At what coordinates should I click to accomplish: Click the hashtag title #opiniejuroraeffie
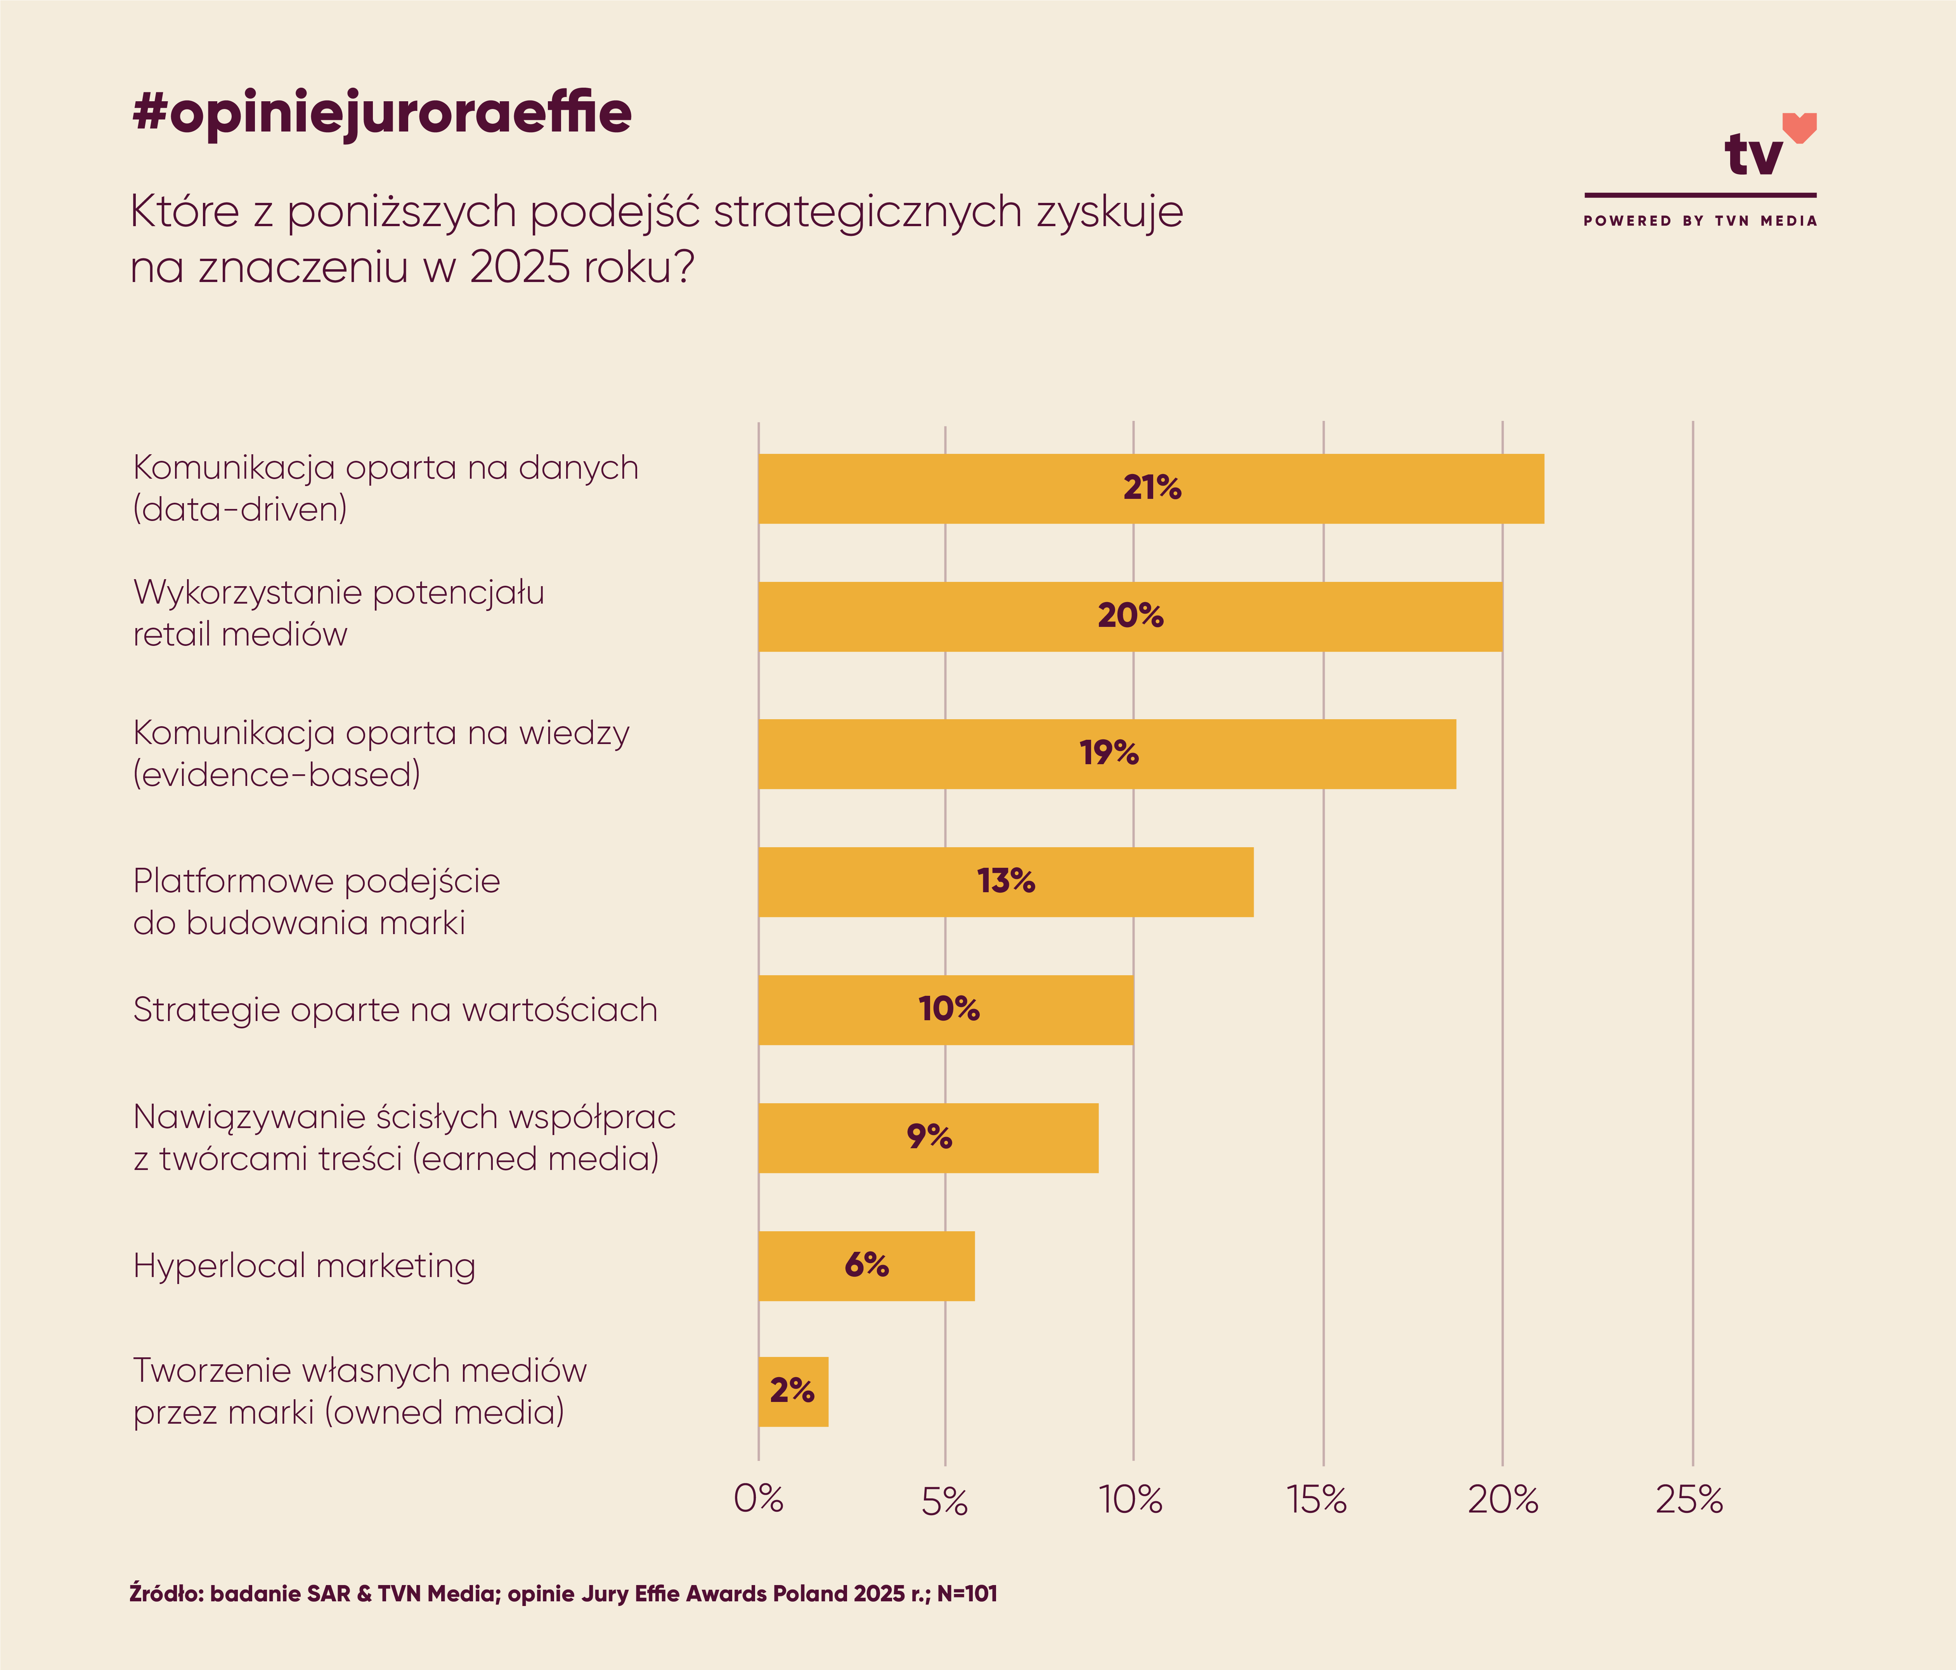point(381,113)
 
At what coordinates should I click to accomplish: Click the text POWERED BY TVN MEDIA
point(1699,221)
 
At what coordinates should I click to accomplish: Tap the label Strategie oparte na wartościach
point(395,1010)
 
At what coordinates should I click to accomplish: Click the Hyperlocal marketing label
point(304,1266)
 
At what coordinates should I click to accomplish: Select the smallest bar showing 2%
point(792,1391)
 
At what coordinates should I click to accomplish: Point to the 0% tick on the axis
point(758,1499)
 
